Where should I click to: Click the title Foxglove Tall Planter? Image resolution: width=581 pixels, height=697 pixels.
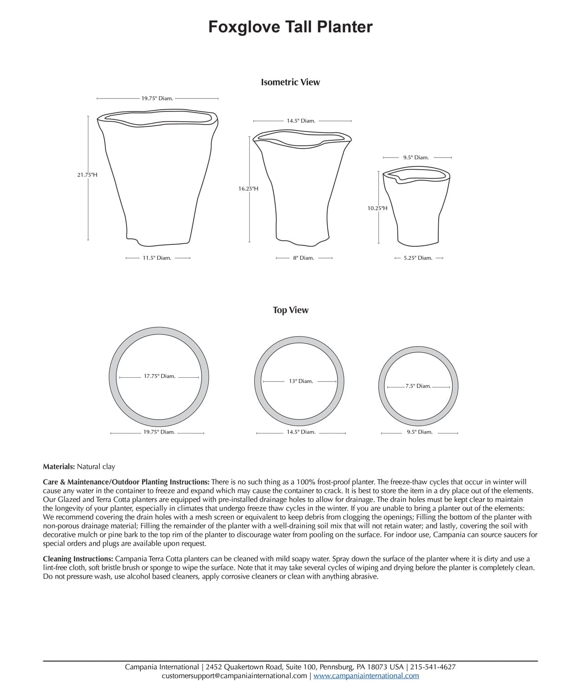click(290, 27)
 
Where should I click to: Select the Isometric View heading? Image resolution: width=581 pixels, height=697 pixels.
click(290, 82)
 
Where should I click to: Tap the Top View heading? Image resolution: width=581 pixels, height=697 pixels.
click(290, 310)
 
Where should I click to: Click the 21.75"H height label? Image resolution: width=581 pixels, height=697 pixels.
click(87, 175)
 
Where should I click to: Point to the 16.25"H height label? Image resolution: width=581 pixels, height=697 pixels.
click(248, 189)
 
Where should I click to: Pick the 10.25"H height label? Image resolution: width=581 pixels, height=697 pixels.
click(377, 208)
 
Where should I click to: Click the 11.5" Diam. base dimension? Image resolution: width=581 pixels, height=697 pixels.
click(157, 258)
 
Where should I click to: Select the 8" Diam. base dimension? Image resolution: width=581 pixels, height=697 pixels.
click(304, 258)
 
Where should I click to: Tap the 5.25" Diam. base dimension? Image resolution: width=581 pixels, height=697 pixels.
click(418, 258)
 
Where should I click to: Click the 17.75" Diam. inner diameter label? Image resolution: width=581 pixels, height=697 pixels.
click(159, 376)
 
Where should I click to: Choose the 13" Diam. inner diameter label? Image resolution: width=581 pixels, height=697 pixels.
click(301, 381)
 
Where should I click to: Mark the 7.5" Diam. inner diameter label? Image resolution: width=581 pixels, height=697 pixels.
click(418, 386)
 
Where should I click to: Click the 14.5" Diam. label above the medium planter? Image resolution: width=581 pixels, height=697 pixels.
click(301, 121)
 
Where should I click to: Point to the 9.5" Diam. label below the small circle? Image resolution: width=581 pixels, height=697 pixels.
click(420, 432)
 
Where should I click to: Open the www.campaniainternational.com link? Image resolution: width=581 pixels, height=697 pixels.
click(366, 676)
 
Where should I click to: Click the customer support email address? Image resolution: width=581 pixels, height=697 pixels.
click(234, 676)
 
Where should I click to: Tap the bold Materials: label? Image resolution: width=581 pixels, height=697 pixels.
click(59, 467)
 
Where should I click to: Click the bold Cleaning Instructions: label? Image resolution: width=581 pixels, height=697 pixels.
click(78, 559)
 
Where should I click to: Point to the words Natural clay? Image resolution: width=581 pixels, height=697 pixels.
click(96, 467)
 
